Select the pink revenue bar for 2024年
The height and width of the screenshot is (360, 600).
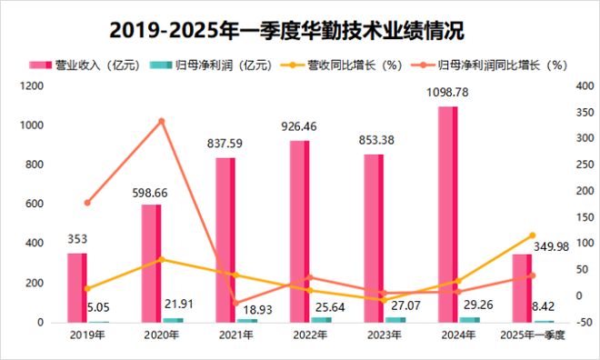(x=447, y=215)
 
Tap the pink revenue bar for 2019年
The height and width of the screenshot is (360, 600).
(x=77, y=287)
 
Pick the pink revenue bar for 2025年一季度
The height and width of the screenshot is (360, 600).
(x=521, y=288)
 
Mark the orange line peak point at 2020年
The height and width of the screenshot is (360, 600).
(x=162, y=121)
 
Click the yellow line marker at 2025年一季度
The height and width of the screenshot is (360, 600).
(x=533, y=235)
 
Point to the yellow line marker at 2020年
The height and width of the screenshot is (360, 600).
(x=162, y=259)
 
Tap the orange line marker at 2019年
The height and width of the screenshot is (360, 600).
(x=87, y=203)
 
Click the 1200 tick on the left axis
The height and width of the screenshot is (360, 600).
(x=33, y=85)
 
